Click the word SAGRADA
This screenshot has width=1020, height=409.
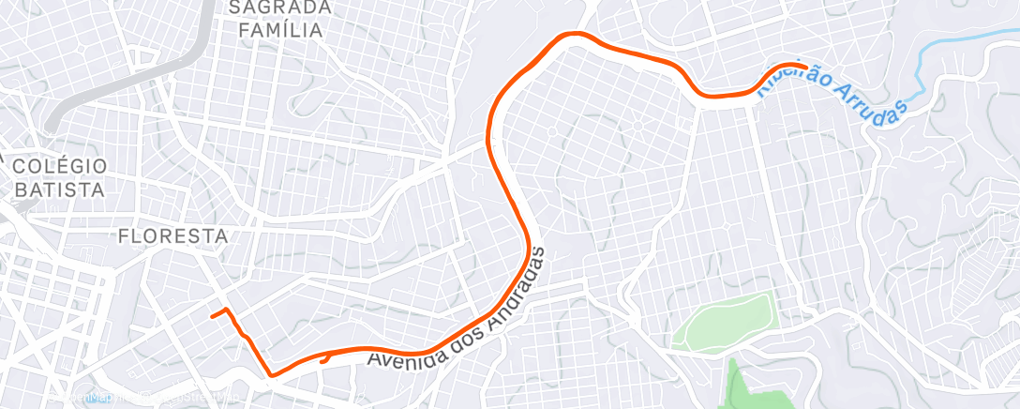280,8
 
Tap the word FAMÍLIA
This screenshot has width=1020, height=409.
280,30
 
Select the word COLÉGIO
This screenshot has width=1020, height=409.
59,166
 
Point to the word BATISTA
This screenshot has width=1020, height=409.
59,189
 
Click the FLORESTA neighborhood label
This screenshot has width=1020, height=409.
173,236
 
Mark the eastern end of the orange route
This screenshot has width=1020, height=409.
805,66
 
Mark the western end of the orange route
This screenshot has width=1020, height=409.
213,315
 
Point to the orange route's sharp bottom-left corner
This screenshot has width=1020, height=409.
272,374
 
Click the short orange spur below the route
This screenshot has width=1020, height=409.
324,356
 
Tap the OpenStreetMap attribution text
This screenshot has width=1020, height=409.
187,399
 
